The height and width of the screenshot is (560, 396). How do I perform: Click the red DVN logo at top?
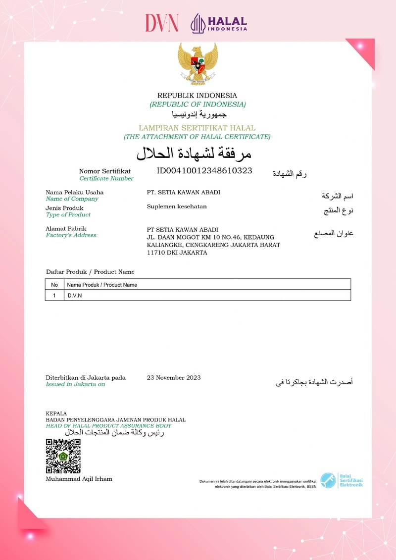pos(161,23)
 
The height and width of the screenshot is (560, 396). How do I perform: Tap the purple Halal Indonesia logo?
pos(219,23)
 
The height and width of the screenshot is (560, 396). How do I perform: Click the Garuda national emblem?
pos(198,63)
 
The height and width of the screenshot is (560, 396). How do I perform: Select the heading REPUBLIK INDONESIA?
pos(197,96)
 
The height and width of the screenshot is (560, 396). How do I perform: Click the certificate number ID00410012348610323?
pos(204,171)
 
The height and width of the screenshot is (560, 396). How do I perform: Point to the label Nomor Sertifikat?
pos(105,171)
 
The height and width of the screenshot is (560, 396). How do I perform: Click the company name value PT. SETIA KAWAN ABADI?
pos(184,192)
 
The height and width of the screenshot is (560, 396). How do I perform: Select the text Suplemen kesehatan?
pos(177,206)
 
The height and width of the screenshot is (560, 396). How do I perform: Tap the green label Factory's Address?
pos(71,235)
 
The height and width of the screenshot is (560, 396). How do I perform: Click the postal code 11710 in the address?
pos(156,253)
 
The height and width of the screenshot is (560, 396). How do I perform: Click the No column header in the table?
pos(54,285)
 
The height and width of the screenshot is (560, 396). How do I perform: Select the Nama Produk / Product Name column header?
pos(102,285)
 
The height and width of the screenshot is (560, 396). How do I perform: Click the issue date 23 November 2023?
pos(174,378)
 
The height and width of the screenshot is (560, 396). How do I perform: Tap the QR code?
pos(63,456)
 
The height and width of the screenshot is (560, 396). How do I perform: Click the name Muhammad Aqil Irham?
pos(79,479)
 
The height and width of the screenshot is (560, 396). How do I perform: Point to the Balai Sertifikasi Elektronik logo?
pos(341,480)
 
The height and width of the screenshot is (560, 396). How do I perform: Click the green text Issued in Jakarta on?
pos(75,384)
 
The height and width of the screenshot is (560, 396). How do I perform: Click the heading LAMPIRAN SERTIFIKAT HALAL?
pos(197,128)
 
